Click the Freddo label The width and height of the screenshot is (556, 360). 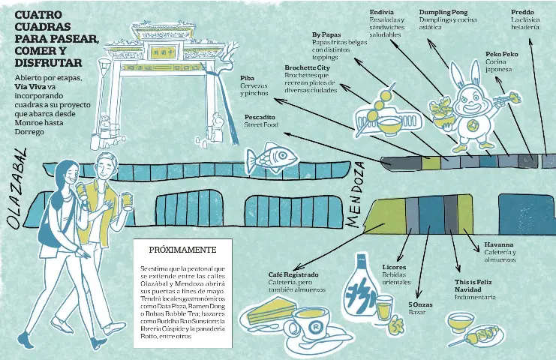point(523,13)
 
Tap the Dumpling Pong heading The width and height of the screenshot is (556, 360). point(443,13)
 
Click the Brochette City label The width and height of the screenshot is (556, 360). point(308,68)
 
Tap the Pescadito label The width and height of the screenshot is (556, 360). point(260,117)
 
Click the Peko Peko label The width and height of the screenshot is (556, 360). point(501,55)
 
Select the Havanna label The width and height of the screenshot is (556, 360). point(498,244)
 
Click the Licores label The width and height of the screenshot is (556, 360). point(394,267)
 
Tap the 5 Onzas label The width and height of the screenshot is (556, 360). point(420,304)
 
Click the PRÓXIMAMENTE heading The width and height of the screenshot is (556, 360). point(182,250)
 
